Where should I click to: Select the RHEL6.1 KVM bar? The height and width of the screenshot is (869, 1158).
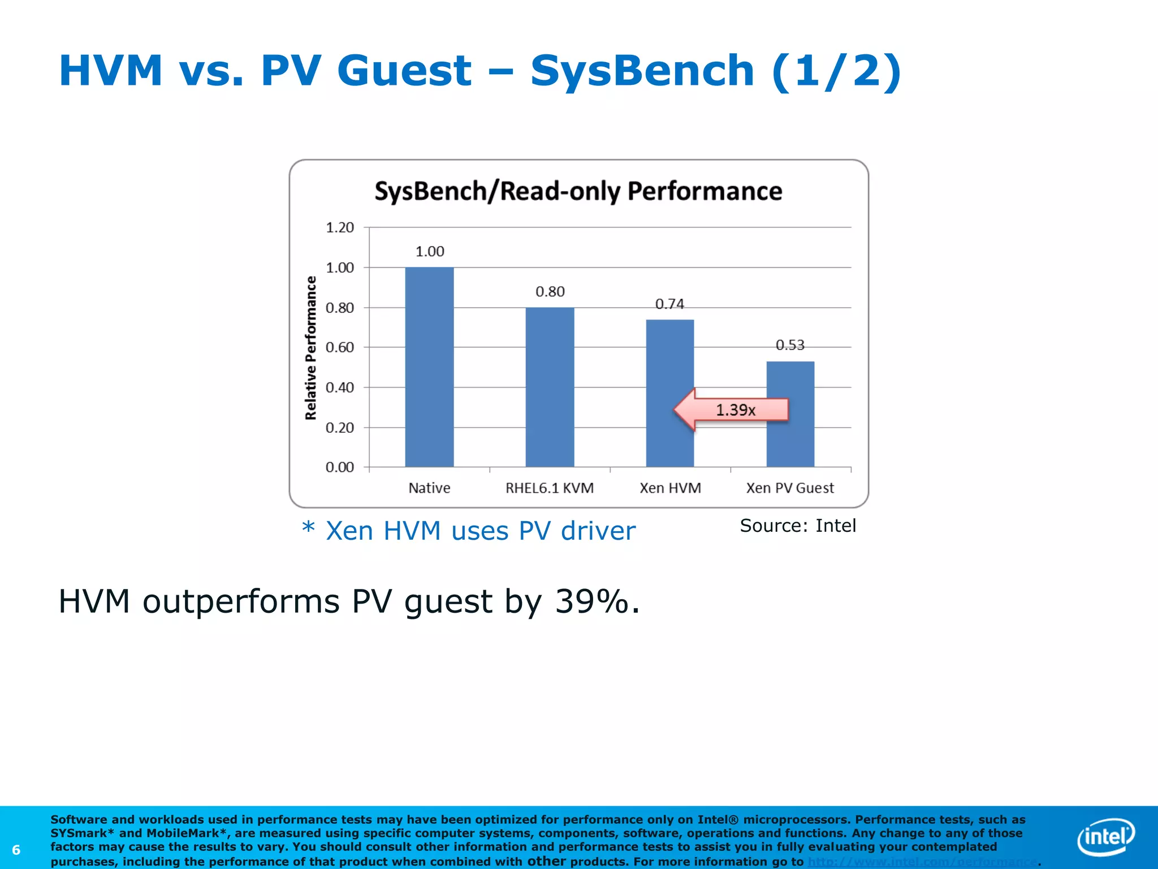click(x=550, y=387)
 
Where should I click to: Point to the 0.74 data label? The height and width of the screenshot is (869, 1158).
click(x=669, y=304)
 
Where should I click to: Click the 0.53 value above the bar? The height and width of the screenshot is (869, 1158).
click(x=789, y=345)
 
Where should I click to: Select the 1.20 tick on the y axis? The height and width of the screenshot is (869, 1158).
click(x=339, y=227)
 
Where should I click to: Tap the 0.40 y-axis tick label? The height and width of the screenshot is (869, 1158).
click(x=339, y=388)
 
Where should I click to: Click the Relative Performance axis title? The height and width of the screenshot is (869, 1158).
click(x=310, y=347)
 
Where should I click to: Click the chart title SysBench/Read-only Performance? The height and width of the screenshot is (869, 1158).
click(x=578, y=191)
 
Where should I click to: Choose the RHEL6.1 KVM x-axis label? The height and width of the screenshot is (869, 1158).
click(x=549, y=488)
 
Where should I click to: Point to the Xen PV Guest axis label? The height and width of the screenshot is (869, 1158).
click(x=789, y=488)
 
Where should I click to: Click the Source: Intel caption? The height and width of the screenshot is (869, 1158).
click(x=797, y=526)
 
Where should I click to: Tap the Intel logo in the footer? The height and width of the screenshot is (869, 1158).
click(x=1105, y=837)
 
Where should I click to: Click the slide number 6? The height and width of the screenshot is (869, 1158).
click(x=16, y=850)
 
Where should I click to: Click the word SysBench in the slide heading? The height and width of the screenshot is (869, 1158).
click(x=642, y=71)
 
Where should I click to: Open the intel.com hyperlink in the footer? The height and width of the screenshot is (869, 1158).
click(x=922, y=862)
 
